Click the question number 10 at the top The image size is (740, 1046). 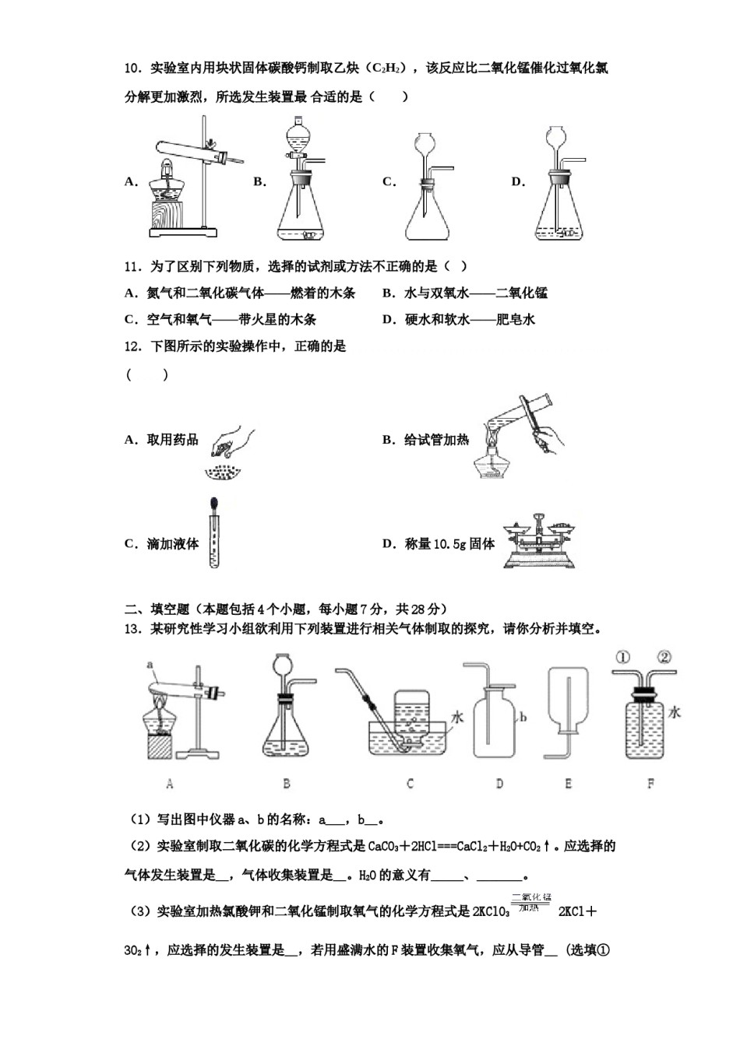132,68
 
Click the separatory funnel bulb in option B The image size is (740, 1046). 298,140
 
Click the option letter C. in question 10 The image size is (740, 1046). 389,182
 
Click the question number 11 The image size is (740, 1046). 132,267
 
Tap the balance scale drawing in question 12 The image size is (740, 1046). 537,541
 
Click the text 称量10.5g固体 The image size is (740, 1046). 449,544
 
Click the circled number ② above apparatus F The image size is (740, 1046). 664,658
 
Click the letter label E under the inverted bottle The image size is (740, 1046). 568,784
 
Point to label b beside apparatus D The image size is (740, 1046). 523,717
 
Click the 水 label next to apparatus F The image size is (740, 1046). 675,712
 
